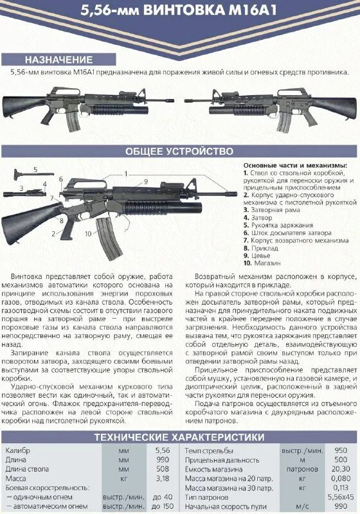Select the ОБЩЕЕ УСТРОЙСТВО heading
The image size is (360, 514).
pyautogui.click(x=179, y=152)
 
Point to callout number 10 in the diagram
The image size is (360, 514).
pyautogui.click(x=87, y=234)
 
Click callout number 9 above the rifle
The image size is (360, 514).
pyautogui.click(x=146, y=182)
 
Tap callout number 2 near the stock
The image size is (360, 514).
pyautogui.click(x=54, y=235)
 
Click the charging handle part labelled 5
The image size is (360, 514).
pyautogui.click(x=26, y=174)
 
